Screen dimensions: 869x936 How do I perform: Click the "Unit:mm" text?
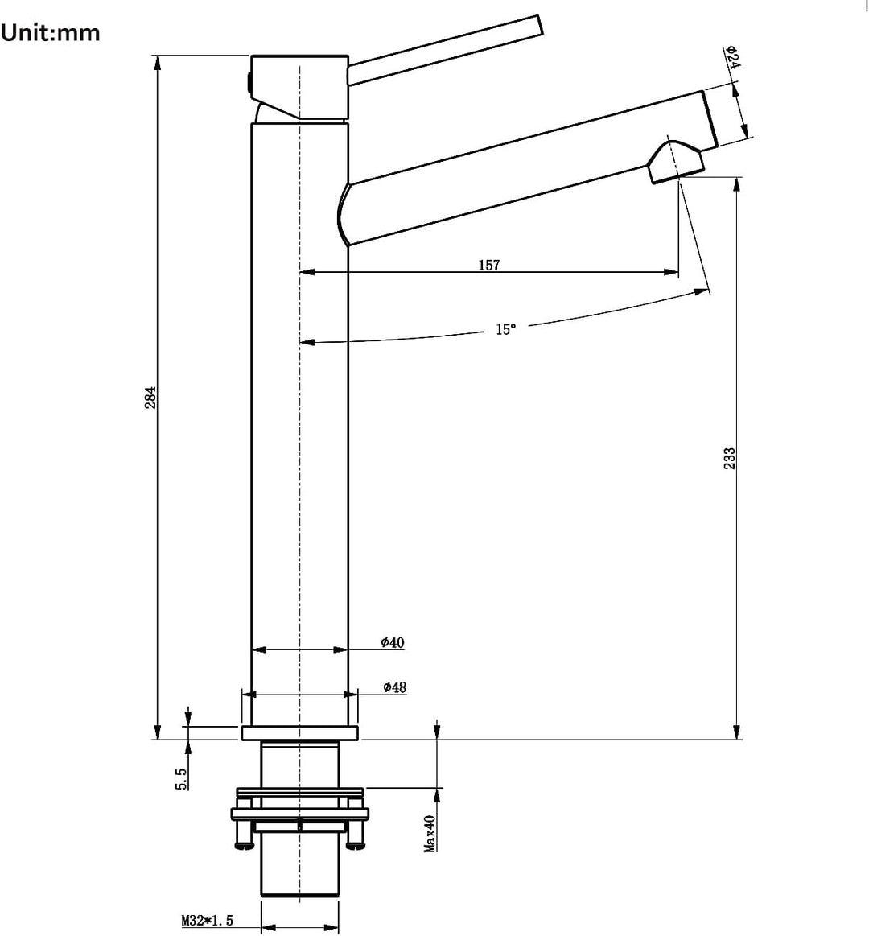click(50, 33)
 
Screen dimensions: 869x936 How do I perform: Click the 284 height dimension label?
click(151, 398)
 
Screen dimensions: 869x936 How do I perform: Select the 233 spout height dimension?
click(729, 459)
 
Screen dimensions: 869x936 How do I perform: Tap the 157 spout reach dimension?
click(489, 265)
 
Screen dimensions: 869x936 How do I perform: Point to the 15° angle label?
click(505, 329)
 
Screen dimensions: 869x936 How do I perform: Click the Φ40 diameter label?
click(393, 642)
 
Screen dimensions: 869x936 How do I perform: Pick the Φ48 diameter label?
click(394, 687)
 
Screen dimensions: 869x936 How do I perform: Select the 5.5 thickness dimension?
click(181, 779)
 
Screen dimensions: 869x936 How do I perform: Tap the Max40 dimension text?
click(430, 834)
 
